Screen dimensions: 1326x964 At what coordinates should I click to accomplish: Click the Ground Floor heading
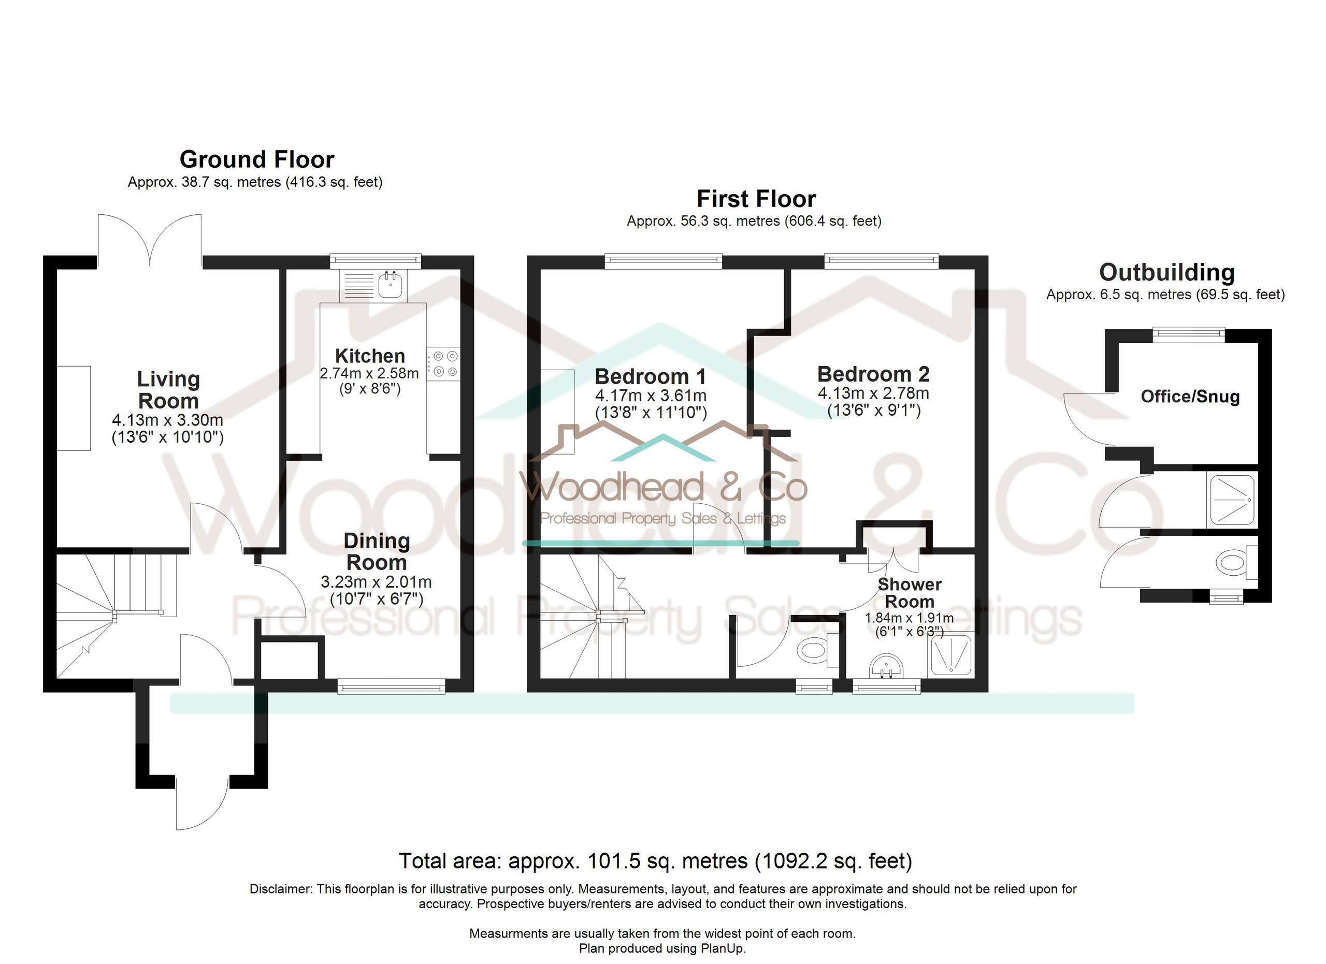click(x=257, y=159)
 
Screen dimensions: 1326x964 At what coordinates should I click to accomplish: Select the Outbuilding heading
click(x=1167, y=273)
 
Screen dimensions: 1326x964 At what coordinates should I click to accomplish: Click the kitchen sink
click(x=390, y=285)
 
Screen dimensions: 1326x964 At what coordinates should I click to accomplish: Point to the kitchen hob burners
click(x=445, y=363)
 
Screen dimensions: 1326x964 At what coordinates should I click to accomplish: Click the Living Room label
click(x=168, y=390)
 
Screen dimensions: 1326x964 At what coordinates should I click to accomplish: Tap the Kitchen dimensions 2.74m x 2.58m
click(x=369, y=373)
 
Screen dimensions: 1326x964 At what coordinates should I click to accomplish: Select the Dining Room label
click(x=377, y=551)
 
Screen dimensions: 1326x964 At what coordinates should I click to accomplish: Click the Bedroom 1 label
click(x=650, y=376)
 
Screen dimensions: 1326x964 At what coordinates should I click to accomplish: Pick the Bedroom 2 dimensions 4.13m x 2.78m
click(x=873, y=393)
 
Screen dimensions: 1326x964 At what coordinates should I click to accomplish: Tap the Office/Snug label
click(x=1190, y=397)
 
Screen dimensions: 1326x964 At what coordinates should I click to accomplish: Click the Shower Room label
click(x=910, y=593)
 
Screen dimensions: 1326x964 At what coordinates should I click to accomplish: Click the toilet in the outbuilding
click(x=1236, y=563)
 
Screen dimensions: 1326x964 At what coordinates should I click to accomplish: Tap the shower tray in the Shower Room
click(x=950, y=655)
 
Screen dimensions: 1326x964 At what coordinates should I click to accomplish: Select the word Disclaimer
click(x=281, y=889)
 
